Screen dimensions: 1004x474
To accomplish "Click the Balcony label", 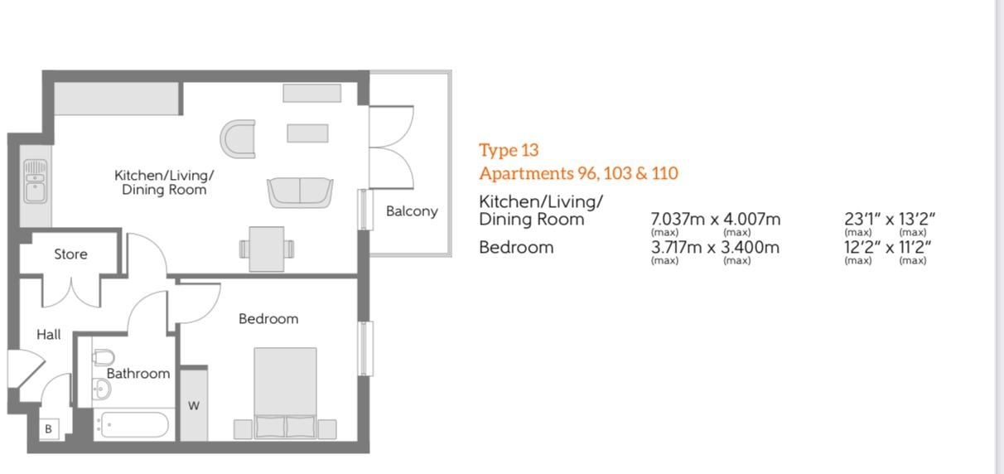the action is coord(412,211).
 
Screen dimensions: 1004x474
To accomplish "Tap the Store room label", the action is coord(70,254).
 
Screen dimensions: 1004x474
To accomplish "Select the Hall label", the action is coord(48,335).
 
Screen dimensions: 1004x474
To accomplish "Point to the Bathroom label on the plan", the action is coord(138,374).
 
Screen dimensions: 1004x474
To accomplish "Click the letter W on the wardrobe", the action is coord(194,406).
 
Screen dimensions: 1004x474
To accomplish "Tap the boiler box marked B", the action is coord(49,428).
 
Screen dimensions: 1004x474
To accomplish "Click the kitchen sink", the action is coord(36,181).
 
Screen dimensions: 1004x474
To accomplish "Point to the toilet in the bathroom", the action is coord(103,357).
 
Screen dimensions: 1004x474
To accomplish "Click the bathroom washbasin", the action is coord(102,389).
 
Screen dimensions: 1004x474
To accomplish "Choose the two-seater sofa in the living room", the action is coord(300,193).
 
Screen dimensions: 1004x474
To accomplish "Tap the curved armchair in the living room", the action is coord(238,139).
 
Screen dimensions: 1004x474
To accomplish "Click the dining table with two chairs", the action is coord(267,249).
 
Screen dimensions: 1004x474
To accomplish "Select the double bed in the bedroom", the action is coord(285,394).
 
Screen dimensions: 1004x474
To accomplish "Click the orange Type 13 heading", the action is coord(509,151).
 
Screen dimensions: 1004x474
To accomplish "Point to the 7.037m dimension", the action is coord(678,220).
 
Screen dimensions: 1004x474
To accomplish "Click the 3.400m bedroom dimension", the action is coord(751,248).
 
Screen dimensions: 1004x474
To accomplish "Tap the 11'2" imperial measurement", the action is coord(915,248).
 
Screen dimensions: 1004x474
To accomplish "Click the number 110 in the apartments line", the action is coord(664,173).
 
